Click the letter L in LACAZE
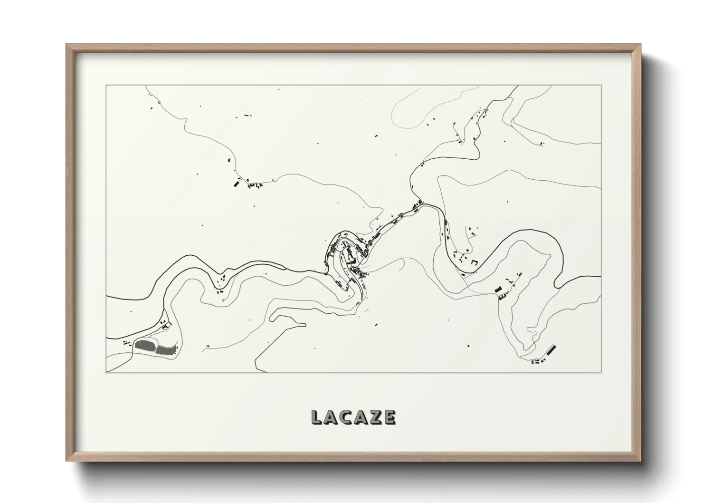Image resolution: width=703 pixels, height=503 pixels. [x=316, y=417]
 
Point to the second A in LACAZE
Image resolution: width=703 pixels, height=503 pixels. [x=361, y=417]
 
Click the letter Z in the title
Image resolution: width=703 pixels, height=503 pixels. [x=375, y=417]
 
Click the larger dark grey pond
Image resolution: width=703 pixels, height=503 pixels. [x=145, y=345]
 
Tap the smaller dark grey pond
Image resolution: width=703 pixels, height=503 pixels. [x=165, y=350]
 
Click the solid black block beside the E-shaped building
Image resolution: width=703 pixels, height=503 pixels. [x=498, y=290]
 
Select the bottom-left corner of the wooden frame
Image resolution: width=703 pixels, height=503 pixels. [x=66, y=461]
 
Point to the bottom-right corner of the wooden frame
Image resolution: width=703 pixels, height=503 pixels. [x=641, y=461]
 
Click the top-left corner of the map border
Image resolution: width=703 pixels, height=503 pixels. [x=106, y=85]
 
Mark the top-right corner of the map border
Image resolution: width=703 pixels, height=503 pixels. [x=601, y=85]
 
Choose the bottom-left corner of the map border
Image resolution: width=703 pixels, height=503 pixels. [x=106, y=372]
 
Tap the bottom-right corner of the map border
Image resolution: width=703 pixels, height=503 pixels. [x=601, y=372]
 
